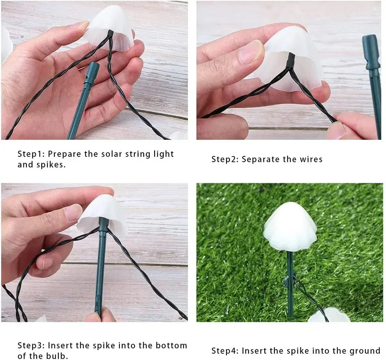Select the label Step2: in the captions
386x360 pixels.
tap(225, 159)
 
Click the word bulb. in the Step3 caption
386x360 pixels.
tap(58, 356)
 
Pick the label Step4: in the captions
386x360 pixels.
tap(225, 351)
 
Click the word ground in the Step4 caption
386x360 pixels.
tap(367, 351)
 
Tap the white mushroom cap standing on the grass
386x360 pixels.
tap(290, 228)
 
